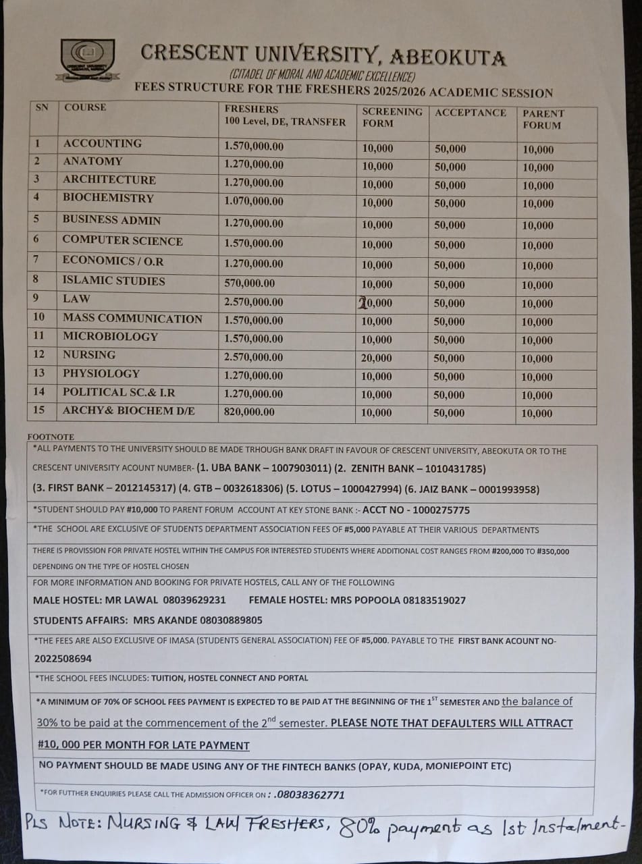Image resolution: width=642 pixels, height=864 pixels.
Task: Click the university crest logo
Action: (87, 59)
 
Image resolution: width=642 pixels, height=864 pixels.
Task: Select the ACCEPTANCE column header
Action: (470, 113)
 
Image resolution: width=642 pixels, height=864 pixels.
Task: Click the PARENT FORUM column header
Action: (543, 119)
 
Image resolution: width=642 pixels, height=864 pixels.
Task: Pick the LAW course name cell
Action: (76, 298)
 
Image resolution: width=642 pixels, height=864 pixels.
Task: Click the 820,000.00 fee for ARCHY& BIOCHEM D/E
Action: (249, 412)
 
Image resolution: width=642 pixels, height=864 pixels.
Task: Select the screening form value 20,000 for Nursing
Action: (377, 358)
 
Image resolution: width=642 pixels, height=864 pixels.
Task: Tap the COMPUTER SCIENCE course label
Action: (122, 240)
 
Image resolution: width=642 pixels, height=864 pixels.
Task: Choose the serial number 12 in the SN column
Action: (39, 354)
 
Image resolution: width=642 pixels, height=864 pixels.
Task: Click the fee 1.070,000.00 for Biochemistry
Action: (254, 201)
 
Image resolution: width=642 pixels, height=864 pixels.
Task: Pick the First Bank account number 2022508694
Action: (63, 658)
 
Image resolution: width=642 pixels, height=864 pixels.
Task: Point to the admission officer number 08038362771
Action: (310, 794)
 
